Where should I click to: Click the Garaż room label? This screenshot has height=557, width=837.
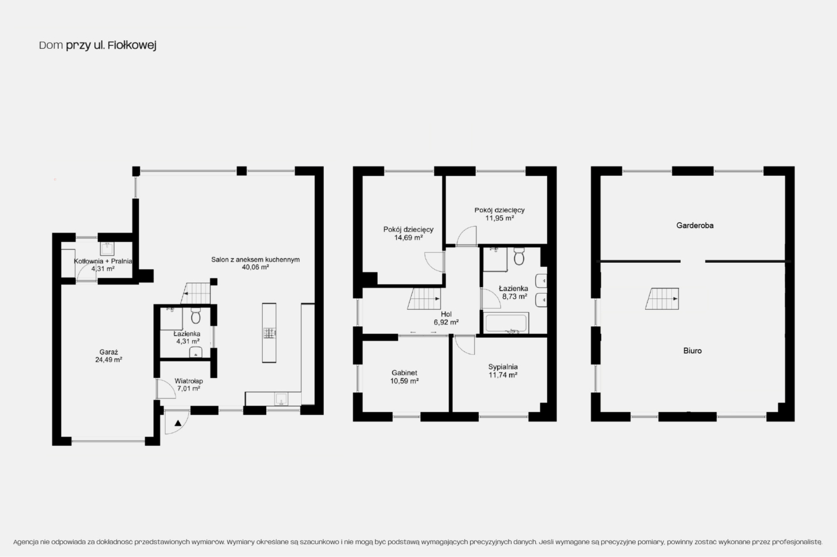pos(109,352)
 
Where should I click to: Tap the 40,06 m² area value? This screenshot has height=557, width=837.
pos(255,267)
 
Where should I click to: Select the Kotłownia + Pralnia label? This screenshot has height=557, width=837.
pos(103,261)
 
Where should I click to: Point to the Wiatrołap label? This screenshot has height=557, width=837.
pos(189,381)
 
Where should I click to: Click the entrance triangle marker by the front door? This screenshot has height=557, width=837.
pos(178,423)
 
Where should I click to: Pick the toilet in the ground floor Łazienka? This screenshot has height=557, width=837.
pos(196,316)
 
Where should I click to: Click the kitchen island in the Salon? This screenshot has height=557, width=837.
pos(269,333)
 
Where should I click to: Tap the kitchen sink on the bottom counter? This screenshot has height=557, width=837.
pos(281,398)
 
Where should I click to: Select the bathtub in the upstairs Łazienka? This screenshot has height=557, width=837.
pos(506,323)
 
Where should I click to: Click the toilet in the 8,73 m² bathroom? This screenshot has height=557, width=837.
pos(519,256)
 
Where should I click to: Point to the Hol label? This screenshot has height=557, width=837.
pos(446,314)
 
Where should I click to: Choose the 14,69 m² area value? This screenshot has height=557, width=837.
pos(409,237)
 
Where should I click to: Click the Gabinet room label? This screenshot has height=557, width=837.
pos(405,373)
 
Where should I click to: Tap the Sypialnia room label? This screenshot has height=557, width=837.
pos(503,367)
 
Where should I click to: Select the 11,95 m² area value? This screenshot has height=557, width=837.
pos(500,218)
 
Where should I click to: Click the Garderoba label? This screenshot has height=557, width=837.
pos(695,226)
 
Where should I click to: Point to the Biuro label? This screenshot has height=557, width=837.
pos(692,351)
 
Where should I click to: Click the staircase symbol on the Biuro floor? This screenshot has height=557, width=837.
pos(662,299)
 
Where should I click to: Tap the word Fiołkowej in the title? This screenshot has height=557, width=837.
pos(132,45)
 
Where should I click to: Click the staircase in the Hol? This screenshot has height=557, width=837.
pos(424,299)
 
